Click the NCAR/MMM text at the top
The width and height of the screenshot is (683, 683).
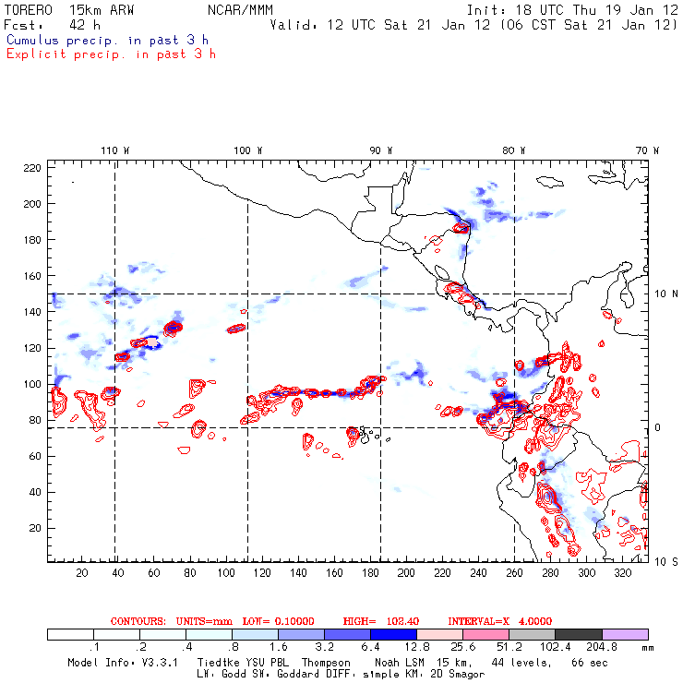click(240, 9)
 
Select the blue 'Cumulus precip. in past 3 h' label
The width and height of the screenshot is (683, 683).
click(107, 40)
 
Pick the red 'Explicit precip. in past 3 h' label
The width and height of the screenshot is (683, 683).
click(111, 54)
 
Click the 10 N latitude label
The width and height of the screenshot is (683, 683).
click(661, 294)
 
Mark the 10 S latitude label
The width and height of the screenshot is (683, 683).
click(661, 561)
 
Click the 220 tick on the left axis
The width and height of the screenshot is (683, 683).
click(33, 167)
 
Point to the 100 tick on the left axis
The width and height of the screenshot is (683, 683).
click(33, 384)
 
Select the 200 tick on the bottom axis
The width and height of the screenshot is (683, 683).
click(406, 573)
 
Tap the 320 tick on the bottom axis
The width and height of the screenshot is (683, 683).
click(623, 573)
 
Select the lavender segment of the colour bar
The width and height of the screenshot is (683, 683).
click(625, 635)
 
